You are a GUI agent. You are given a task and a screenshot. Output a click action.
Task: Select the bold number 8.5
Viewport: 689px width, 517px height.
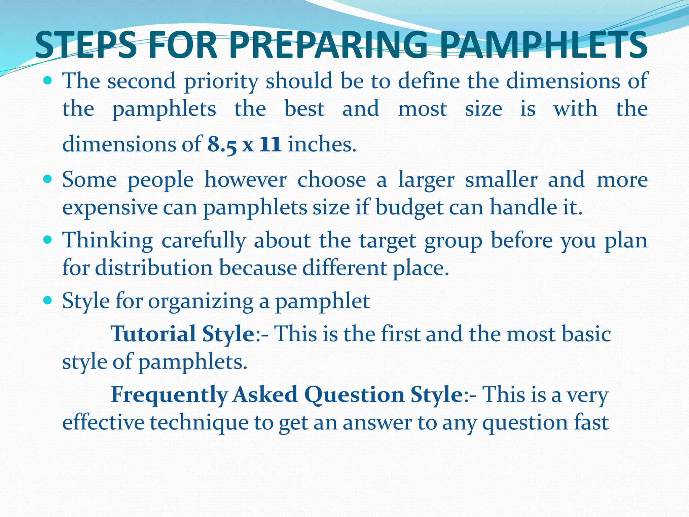[222, 145]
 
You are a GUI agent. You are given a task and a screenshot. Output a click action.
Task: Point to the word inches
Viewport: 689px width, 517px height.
[322, 144]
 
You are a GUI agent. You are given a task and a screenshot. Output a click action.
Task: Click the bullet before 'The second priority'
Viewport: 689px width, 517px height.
[47, 81]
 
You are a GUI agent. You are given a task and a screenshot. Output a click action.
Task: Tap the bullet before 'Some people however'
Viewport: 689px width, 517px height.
[47, 179]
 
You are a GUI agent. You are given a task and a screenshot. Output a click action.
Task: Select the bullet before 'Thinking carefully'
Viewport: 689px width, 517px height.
[47, 240]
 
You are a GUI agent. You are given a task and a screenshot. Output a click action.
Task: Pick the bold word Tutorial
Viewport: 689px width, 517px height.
[153, 334]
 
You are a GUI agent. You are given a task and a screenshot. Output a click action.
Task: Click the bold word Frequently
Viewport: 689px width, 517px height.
[169, 394]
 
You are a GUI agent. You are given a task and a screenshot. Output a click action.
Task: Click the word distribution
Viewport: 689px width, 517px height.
[154, 268]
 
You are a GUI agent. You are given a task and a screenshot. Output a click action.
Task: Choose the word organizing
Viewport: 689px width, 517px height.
[201, 301]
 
